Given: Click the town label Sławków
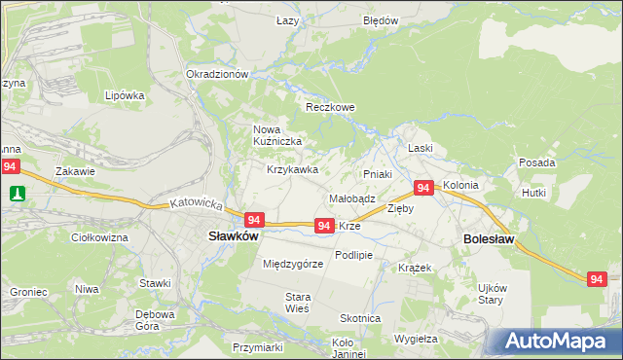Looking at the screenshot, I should pyautogui.click(x=234, y=235).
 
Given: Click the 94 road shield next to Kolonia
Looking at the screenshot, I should pyautogui.click(x=423, y=188).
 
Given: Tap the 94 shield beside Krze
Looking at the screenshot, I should pyautogui.click(x=325, y=226).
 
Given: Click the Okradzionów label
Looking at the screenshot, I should pyautogui.click(x=218, y=74).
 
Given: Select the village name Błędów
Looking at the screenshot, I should pyautogui.click(x=381, y=20).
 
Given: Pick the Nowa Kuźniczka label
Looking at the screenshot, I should pyautogui.click(x=277, y=136).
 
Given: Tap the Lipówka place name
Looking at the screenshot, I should pyautogui.click(x=125, y=96).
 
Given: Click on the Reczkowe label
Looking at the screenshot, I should pyautogui.click(x=330, y=107).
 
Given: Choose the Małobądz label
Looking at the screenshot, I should pyautogui.click(x=352, y=198).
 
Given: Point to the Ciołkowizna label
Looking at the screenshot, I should pyautogui.click(x=100, y=237).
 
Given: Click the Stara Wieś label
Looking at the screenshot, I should pyautogui.click(x=297, y=303).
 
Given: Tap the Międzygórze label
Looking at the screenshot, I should pyautogui.click(x=293, y=264).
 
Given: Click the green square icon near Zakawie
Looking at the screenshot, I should pyautogui.click(x=17, y=194).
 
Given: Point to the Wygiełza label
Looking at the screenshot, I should pyautogui.click(x=417, y=339).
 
